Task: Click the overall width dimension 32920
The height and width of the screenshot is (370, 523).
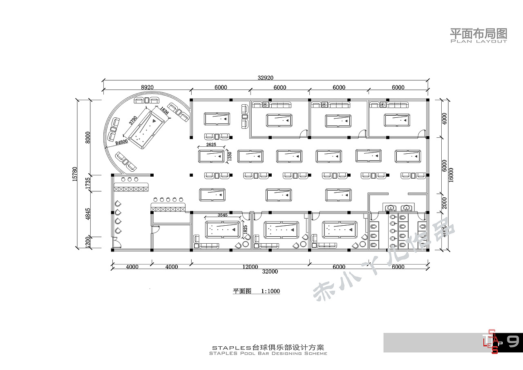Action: click(x=265, y=78)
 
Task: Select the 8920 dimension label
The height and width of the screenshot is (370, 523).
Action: click(x=147, y=87)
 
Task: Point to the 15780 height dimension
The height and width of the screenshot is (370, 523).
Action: click(x=75, y=174)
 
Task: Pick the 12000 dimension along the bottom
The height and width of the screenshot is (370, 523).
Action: click(x=250, y=267)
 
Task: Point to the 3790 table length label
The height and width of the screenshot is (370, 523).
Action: click(x=133, y=120)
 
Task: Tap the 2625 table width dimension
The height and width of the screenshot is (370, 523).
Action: click(x=211, y=145)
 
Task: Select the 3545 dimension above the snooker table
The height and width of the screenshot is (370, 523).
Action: click(x=223, y=215)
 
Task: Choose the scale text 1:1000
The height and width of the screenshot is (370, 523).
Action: click(x=270, y=291)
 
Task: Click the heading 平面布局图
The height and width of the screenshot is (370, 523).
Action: click(x=478, y=33)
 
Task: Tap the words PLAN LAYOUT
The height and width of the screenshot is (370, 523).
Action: click(x=478, y=41)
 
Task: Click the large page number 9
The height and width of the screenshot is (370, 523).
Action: click(x=513, y=341)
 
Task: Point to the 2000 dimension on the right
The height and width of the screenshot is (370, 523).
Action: click(x=444, y=202)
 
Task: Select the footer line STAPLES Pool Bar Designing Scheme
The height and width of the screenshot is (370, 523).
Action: click(x=268, y=353)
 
